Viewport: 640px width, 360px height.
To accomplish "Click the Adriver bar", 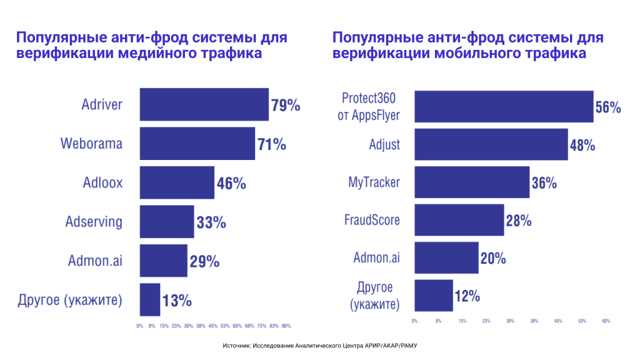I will [x=204, y=104].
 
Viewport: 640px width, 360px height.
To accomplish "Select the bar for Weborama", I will [x=197, y=144].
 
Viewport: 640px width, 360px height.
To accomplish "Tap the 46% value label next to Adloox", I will [x=231, y=184].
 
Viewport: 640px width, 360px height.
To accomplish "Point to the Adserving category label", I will [x=94, y=222].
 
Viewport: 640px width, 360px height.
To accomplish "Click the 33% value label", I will [x=211, y=222].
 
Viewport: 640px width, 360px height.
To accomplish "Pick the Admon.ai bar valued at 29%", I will [x=163, y=261].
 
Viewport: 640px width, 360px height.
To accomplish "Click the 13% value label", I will [x=176, y=301].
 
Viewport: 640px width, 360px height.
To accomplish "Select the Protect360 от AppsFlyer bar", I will [x=504, y=106].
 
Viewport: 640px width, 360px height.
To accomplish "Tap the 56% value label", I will [x=607, y=107].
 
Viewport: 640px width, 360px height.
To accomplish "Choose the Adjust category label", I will [x=384, y=145].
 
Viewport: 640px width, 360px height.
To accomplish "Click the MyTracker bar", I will [x=472, y=182].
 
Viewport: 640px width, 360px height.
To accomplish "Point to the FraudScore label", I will [x=372, y=220].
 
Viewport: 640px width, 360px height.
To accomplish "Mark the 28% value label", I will [x=518, y=221].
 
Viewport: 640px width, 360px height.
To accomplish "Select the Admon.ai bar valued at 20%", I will [x=446, y=258].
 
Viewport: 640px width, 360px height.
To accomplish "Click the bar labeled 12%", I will [x=433, y=296].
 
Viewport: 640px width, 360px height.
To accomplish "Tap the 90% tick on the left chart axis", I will [x=286, y=326].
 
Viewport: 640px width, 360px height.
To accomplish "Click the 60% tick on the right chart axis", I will [x=606, y=321].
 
